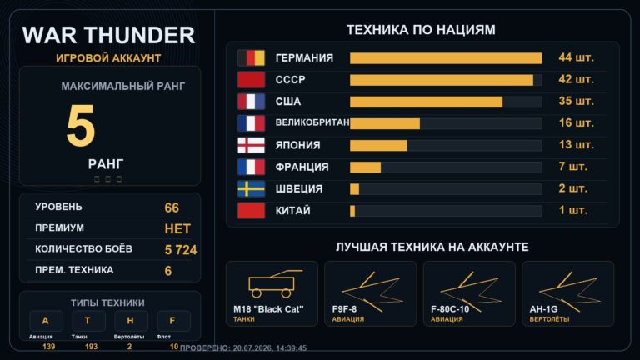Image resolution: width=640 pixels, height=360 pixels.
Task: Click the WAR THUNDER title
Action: click(x=108, y=35)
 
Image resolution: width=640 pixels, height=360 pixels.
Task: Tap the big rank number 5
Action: click(x=80, y=125)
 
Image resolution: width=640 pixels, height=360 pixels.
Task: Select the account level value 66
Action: click(x=172, y=207)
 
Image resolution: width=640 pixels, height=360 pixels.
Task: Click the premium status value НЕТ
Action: click(x=177, y=228)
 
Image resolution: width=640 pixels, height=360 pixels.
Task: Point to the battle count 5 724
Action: click(x=181, y=250)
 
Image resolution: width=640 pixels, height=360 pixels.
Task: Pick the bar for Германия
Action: click(x=446, y=58)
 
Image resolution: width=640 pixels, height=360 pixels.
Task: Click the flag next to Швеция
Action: click(x=251, y=189)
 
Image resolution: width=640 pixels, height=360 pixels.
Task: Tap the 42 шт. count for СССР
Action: click(x=576, y=79)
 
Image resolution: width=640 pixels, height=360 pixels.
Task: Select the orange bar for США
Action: click(x=426, y=102)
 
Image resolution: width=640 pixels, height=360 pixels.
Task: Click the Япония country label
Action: click(x=297, y=145)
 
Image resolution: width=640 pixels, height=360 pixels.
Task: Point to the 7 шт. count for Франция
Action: click(x=572, y=167)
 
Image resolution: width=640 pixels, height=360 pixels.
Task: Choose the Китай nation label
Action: click(x=292, y=211)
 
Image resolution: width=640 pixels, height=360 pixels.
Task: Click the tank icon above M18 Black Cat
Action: click(x=272, y=283)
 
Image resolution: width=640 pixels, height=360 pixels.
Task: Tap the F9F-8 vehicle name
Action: click(x=344, y=309)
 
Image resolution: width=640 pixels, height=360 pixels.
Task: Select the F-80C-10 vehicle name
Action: click(x=450, y=309)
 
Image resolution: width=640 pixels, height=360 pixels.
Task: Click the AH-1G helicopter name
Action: click(x=543, y=309)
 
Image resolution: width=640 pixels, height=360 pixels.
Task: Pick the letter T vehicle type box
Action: click(x=88, y=321)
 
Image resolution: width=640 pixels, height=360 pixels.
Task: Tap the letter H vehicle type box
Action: click(x=131, y=321)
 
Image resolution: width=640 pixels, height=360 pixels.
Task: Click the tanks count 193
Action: click(x=91, y=347)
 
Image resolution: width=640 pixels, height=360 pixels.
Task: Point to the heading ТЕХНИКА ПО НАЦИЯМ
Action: click(x=421, y=30)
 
